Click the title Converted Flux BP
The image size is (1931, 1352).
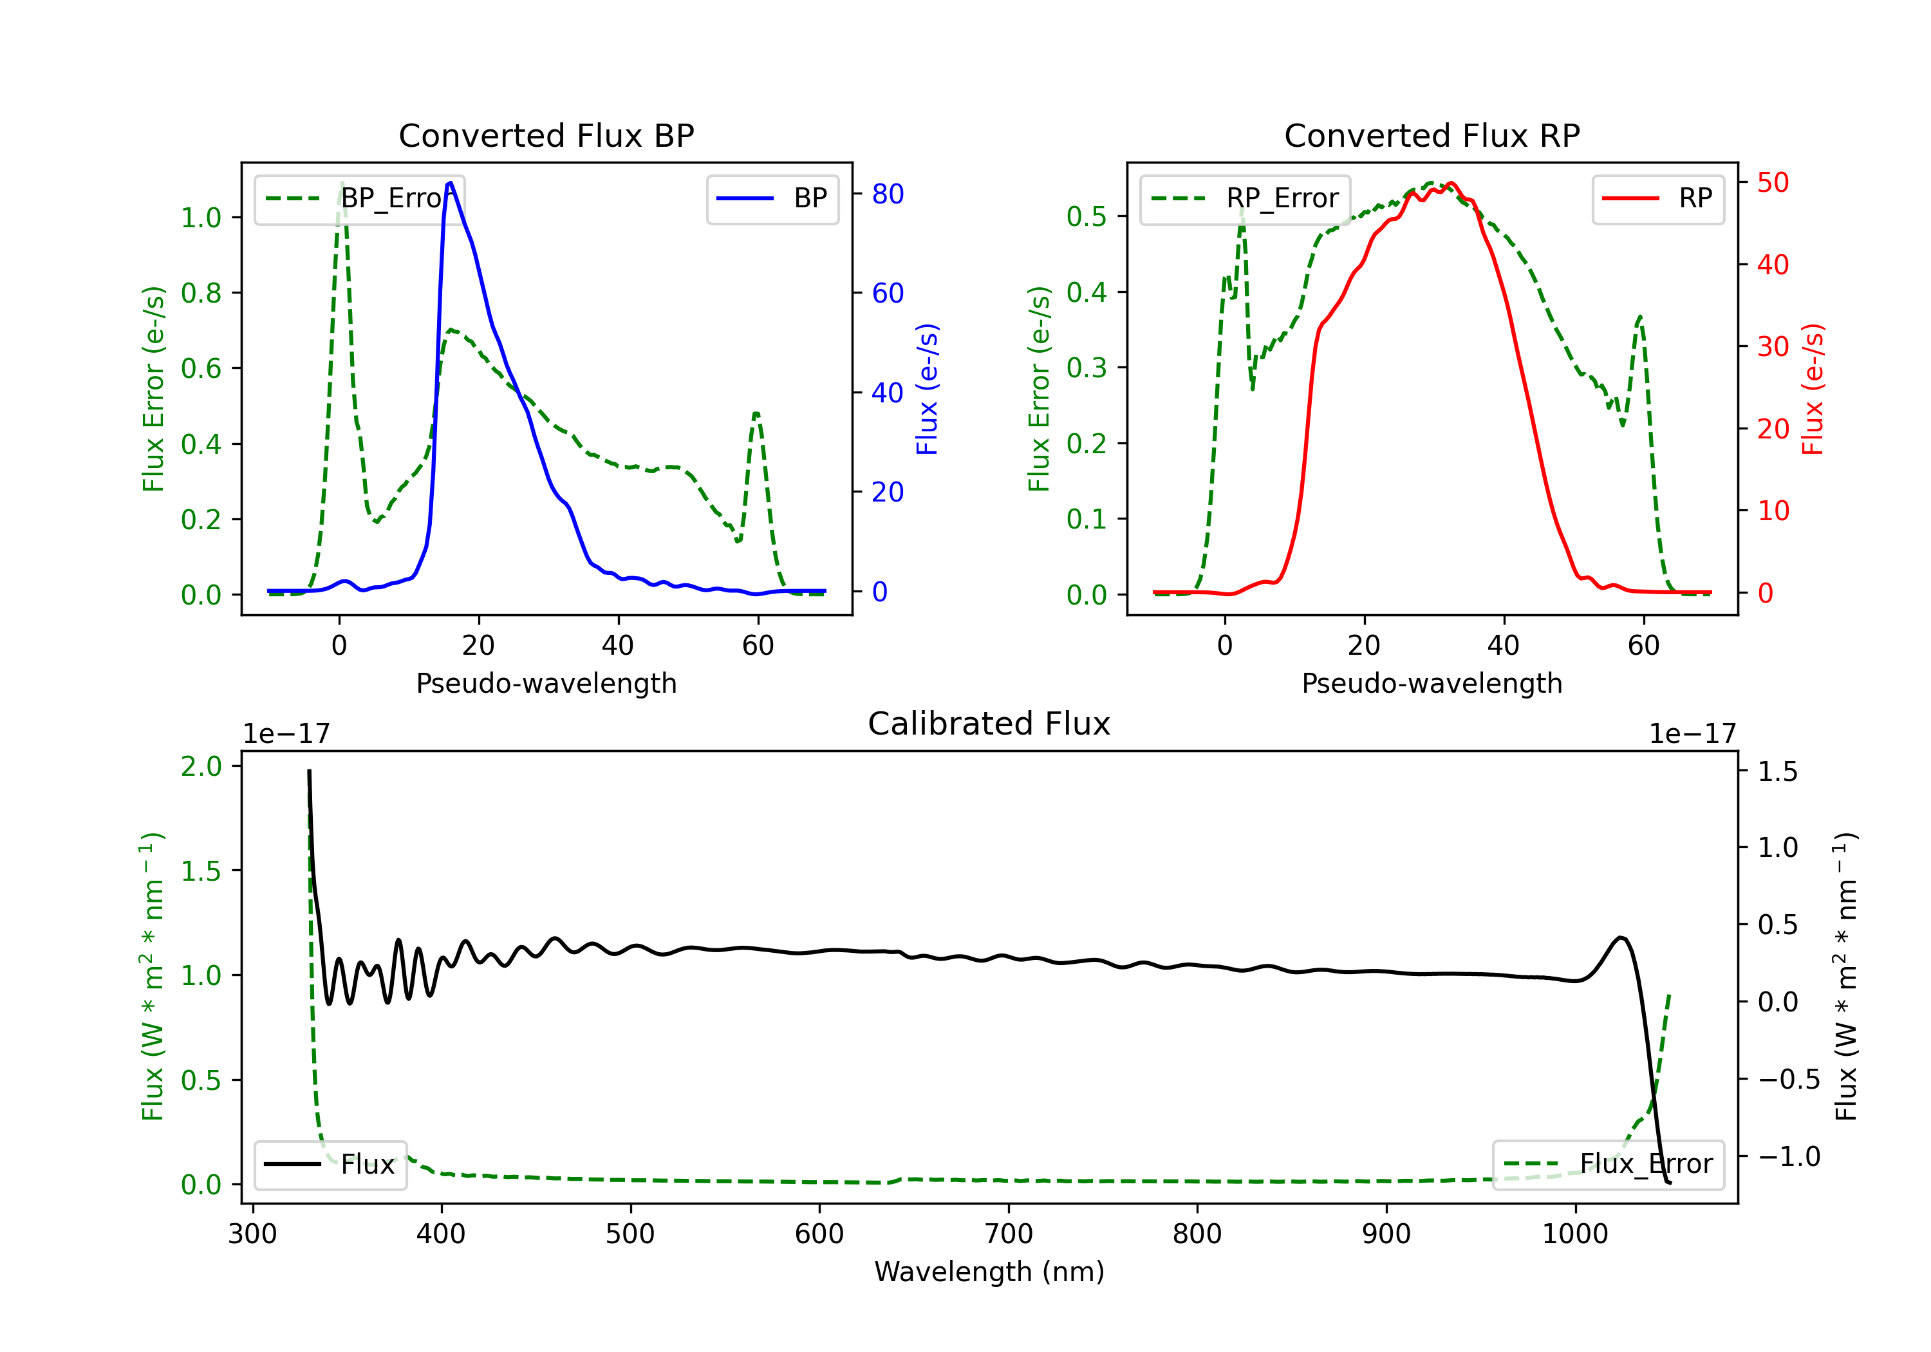pos(546,135)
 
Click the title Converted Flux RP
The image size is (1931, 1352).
pos(1432,135)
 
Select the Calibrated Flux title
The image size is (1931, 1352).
pos(989,724)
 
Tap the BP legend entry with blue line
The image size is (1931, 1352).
pos(772,198)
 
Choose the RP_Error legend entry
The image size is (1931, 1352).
pos(1245,198)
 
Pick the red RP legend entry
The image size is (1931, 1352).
pos(1657,198)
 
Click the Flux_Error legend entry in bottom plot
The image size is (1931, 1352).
pos(1608,1165)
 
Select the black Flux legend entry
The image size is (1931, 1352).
pos(330,1165)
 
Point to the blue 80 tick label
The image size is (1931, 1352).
pos(887,194)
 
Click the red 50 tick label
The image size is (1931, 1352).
pos(1773,183)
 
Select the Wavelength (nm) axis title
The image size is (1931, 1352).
pos(989,1272)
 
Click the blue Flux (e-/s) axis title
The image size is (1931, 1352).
pos(927,390)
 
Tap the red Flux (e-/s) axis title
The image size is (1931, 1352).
pos(1813,390)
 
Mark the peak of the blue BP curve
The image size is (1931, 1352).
pos(451,183)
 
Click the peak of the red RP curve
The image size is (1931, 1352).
pos(1451,183)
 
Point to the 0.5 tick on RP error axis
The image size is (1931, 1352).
pos(1086,216)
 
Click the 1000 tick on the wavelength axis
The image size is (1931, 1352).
pos(1574,1234)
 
